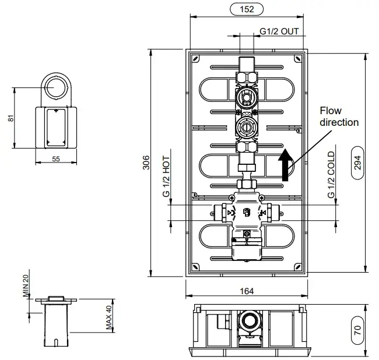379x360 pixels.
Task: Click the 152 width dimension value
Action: tap(247, 9)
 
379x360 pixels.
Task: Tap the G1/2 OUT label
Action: tap(279, 31)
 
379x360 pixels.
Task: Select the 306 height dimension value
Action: tap(146, 163)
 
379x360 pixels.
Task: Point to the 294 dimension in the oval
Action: tap(357, 163)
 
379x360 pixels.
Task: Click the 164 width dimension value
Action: tap(247, 291)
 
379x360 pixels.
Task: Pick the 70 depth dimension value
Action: tap(357, 330)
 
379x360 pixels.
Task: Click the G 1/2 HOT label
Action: tap(166, 177)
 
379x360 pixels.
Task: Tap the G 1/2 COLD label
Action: tap(331, 175)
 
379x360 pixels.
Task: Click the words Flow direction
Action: tap(339, 117)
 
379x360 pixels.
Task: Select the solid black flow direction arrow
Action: tap(286, 165)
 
